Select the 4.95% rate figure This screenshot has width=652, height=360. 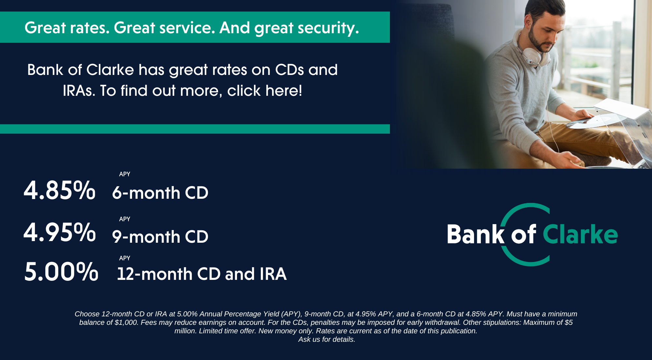pyautogui.click(x=60, y=232)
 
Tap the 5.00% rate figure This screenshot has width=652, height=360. pyautogui.click(x=61, y=271)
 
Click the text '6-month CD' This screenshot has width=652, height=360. pyautogui.click(x=160, y=193)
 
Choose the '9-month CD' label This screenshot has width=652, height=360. pyautogui.click(x=160, y=237)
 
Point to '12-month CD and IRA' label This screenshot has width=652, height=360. pyautogui.click(x=202, y=274)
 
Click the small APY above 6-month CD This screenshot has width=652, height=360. pyautogui.click(x=125, y=174)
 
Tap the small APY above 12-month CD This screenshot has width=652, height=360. pyautogui.click(x=125, y=258)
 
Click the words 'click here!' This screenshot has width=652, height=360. pyautogui.click(x=265, y=91)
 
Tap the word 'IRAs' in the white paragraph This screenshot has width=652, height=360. pyautogui.click(x=79, y=91)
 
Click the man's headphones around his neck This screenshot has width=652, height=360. pyautogui.click(x=531, y=52)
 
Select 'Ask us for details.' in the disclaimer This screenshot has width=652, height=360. pyautogui.click(x=327, y=339)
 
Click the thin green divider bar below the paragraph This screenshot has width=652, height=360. pyautogui.click(x=195, y=129)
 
